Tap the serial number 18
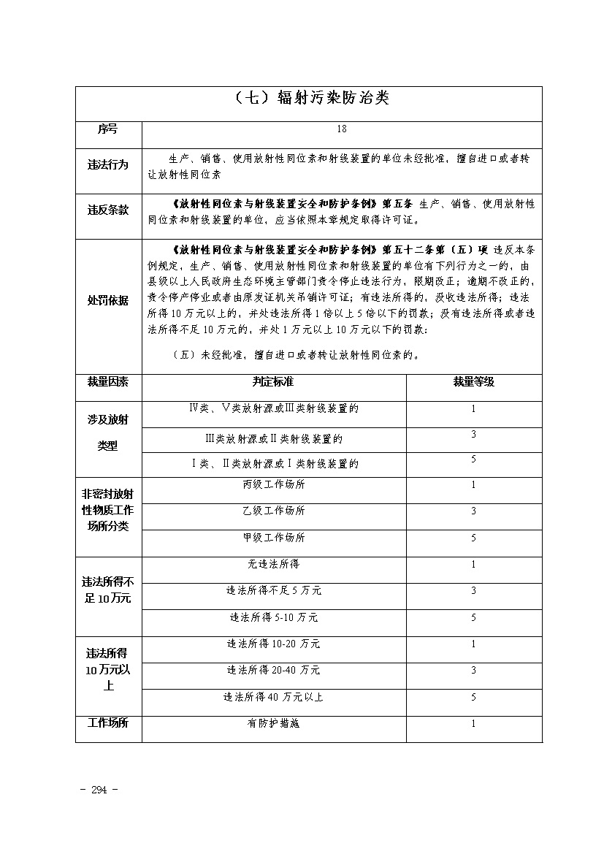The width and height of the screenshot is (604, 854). (342, 129)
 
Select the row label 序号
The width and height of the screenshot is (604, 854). (107, 129)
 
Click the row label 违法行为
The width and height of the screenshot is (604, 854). (107, 165)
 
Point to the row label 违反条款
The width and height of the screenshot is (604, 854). (107, 210)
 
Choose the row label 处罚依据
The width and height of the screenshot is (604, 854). (107, 300)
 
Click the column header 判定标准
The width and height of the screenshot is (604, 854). (273, 382)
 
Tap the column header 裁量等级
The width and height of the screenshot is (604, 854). (473, 382)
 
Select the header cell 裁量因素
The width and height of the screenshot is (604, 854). (107, 382)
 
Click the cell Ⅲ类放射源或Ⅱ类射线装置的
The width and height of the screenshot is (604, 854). (273, 439)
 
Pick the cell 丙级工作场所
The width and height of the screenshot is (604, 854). (273, 484)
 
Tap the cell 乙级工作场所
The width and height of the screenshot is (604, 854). (273, 511)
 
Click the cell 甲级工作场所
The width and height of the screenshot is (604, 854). (273, 538)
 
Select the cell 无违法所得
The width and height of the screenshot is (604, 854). (273, 564)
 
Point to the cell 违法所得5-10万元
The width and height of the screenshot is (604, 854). (273, 617)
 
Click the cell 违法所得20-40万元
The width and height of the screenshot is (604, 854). (273, 670)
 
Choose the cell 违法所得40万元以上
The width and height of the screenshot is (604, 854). (273, 697)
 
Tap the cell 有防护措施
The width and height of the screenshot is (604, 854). (273, 724)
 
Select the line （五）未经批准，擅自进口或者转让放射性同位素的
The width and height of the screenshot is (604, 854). (295, 356)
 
